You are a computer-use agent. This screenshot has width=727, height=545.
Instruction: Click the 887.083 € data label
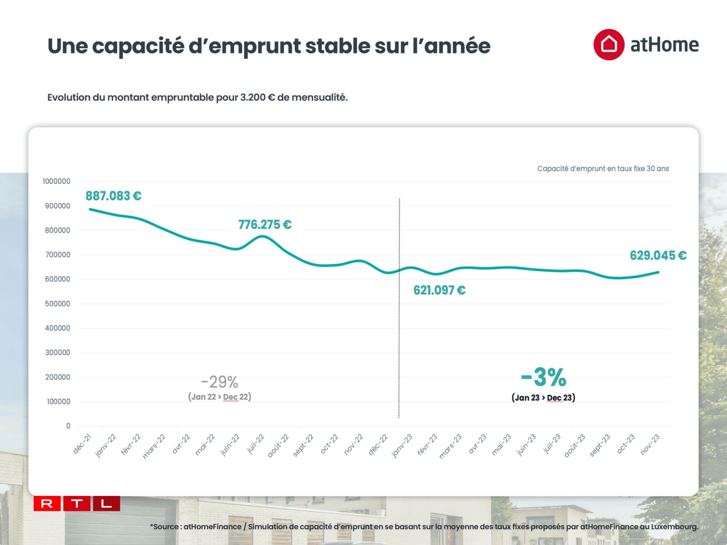(113, 196)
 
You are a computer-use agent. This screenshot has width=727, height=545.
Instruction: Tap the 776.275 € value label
(265, 225)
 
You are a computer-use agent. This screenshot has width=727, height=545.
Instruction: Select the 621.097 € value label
(439, 290)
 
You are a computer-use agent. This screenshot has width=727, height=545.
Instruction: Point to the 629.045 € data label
(658, 256)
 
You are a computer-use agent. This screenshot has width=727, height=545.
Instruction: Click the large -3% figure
(543, 377)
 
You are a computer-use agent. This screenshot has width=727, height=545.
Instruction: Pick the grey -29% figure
(220, 382)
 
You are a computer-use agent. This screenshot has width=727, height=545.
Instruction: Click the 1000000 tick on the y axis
(56, 181)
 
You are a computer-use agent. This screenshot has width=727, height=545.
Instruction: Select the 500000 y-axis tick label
(58, 304)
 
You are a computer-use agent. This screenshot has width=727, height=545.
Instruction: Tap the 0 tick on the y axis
(68, 426)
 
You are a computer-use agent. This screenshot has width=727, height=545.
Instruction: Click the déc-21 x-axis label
(82, 444)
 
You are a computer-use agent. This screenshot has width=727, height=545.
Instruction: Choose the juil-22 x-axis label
(255, 444)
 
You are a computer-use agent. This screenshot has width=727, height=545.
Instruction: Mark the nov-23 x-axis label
(650, 445)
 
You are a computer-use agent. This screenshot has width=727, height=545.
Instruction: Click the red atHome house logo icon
(609, 45)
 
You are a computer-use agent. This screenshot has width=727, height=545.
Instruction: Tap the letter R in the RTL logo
(47, 503)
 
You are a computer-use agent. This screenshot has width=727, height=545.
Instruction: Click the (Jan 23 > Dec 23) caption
(543, 398)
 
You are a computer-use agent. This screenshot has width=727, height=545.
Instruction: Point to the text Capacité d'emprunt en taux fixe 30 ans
(603, 169)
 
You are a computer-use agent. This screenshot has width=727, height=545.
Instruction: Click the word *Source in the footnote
(165, 527)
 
